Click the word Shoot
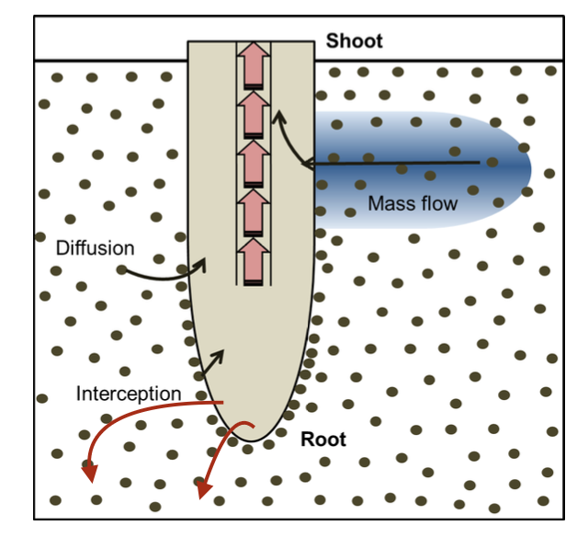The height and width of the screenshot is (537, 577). tap(354, 41)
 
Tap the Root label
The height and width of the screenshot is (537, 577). tap(323, 440)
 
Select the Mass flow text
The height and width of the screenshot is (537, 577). tap(412, 203)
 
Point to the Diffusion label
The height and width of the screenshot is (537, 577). tap(96, 247)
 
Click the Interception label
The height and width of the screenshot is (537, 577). tap(129, 394)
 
